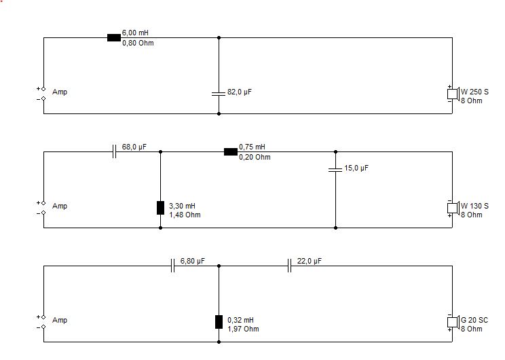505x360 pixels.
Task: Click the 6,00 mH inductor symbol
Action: tap(113, 38)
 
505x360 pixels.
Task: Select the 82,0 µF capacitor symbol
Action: tap(219, 94)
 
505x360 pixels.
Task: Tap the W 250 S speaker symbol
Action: tap(453, 94)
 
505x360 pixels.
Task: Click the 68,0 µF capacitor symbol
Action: tap(114, 151)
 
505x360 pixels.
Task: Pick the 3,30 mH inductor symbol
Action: tap(160, 208)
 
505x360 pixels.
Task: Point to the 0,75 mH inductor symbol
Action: tap(231, 151)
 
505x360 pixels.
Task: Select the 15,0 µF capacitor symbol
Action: tap(335, 170)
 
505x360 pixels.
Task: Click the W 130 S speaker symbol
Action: tap(453, 208)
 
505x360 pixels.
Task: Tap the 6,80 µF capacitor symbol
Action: tap(172, 266)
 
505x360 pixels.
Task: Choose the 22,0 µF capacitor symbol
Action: tap(289, 266)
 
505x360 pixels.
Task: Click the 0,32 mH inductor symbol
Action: tap(219, 322)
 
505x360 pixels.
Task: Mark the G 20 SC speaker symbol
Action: tap(453, 322)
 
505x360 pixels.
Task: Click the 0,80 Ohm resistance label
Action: tap(138, 43)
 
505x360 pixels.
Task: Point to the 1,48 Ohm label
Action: tap(185, 215)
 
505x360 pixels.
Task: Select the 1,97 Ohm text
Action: tap(243, 329)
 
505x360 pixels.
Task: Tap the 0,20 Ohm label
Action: tap(255, 158)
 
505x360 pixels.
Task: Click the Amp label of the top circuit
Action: tap(60, 92)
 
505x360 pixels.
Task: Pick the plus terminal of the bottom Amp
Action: tap(43, 317)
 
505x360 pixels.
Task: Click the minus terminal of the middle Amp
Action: tap(43, 213)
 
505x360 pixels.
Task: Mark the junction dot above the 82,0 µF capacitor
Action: tap(219, 38)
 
